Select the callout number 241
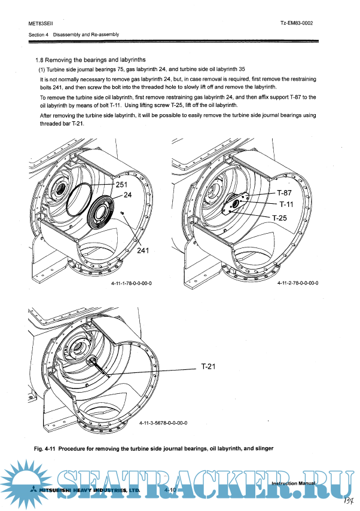(143, 251)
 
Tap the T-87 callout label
(284, 194)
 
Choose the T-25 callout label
(279, 218)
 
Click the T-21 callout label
(207, 366)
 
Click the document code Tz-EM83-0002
(297, 23)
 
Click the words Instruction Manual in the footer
(292, 482)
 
